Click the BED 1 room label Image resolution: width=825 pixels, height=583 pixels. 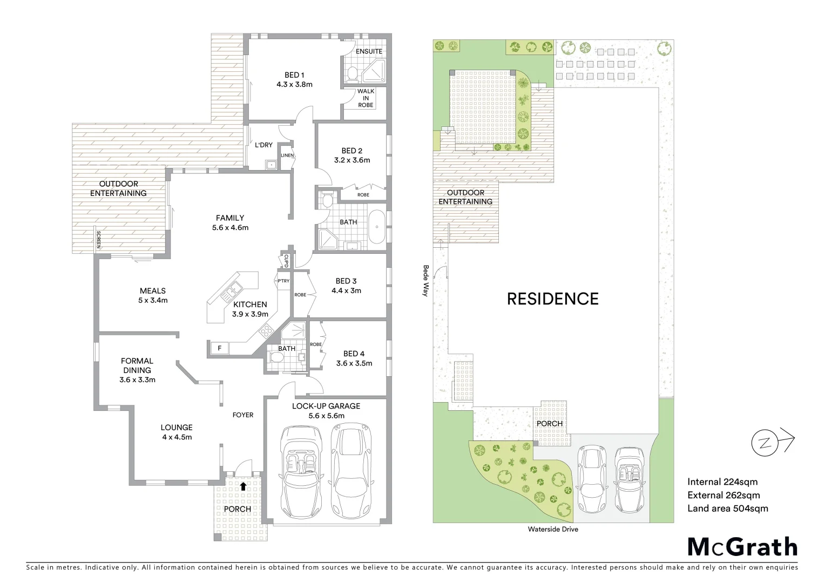pyautogui.click(x=294, y=75)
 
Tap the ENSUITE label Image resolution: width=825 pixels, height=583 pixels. pyautogui.click(x=369, y=51)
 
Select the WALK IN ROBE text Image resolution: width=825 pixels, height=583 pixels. pyautogui.click(x=366, y=98)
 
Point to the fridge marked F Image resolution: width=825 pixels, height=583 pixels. pyautogui.click(x=219, y=348)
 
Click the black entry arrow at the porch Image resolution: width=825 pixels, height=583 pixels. pyautogui.click(x=243, y=486)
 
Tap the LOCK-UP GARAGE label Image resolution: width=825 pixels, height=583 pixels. pyautogui.click(x=326, y=406)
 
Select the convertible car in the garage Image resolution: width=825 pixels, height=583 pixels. pyautogui.click(x=301, y=470)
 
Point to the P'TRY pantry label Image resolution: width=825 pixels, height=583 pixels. pyautogui.click(x=283, y=281)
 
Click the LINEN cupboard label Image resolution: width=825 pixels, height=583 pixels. pyautogui.click(x=287, y=155)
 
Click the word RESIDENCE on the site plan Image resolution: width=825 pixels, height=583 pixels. pyautogui.click(x=552, y=299)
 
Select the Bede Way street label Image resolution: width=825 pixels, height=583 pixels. pyautogui.click(x=425, y=280)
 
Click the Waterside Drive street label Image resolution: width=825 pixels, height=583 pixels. pyautogui.click(x=552, y=529)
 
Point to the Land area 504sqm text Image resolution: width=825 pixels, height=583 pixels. pyautogui.click(x=727, y=508)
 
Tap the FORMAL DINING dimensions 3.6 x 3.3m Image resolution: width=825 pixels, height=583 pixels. pyautogui.click(x=137, y=379)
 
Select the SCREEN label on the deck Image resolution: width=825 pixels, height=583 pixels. pyautogui.click(x=98, y=239)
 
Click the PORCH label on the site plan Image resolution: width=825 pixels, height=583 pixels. pyautogui.click(x=549, y=423)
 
